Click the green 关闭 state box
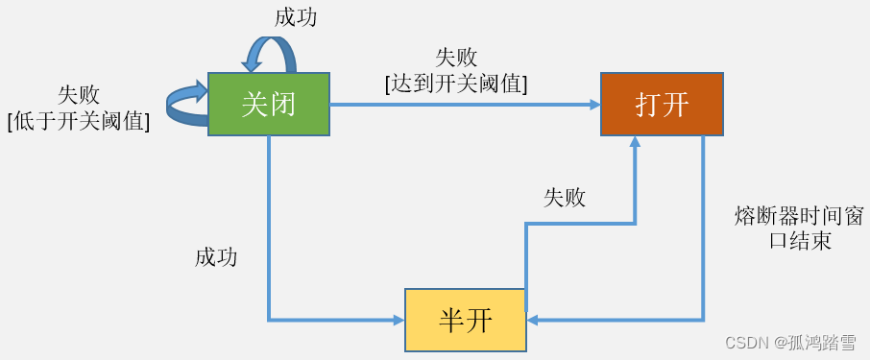269,104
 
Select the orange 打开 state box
662,104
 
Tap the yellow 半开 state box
466,320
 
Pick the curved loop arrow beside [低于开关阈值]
186,103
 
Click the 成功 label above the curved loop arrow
296,17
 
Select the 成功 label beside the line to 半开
216,256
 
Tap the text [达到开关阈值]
456,84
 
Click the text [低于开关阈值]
79,120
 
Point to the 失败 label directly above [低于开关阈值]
79,94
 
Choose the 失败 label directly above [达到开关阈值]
456,58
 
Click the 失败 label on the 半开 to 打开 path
565,198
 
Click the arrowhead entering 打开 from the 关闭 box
594,105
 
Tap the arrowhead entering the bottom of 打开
635,142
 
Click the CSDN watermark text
789,343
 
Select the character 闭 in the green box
283,104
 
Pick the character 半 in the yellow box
451,320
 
